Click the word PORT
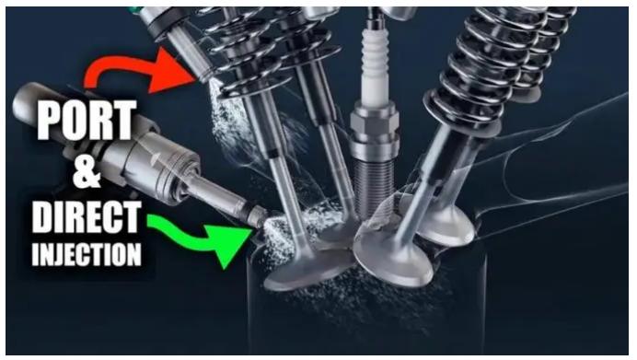click(87, 121)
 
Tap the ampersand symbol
click(87, 172)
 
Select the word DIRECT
click(87, 217)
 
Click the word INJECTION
click(87, 254)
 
